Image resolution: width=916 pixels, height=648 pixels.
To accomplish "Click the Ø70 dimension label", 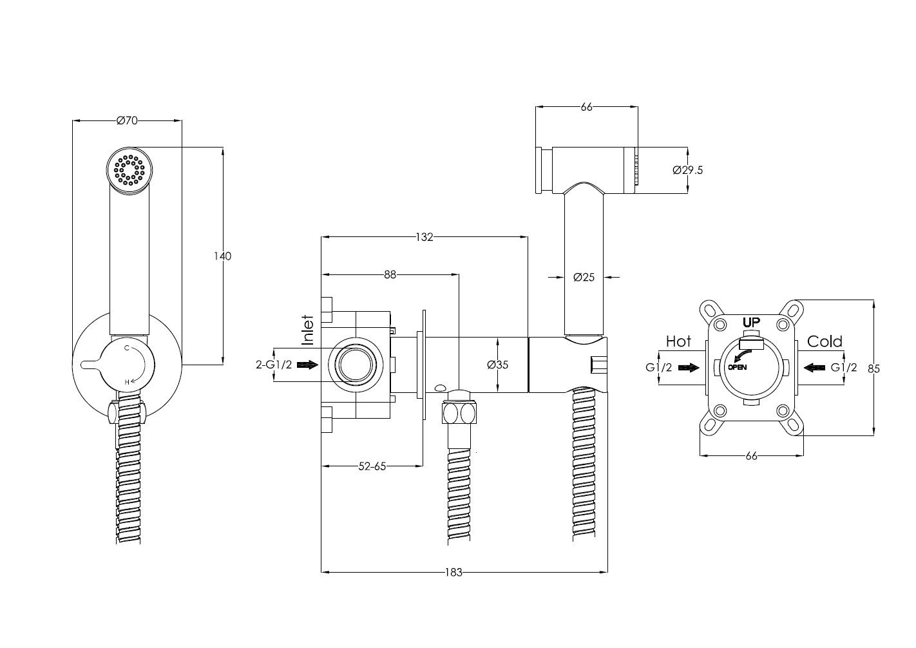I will coord(128,120).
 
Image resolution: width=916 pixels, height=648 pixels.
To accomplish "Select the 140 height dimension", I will coord(222,256).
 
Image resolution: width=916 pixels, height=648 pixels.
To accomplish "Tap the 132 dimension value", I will coord(424,237).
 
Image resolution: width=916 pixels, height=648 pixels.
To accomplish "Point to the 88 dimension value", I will coord(390,274).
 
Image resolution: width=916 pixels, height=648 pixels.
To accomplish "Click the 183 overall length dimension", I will coord(454,572).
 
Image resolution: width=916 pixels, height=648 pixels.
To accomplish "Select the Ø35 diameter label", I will coord(498,365).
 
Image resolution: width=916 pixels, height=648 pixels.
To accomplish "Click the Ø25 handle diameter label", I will coord(584,278).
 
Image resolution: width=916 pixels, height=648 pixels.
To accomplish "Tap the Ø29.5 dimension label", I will coord(687,170).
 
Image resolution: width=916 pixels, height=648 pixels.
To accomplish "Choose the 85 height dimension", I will coord(873,368).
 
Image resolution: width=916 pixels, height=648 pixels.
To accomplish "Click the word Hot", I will coord(678,341).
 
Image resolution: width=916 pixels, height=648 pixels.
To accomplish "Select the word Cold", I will coord(825,341).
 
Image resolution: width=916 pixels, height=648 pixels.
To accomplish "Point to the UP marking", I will coord(751,322).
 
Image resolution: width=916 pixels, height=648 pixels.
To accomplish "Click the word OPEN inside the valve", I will coord(738,367).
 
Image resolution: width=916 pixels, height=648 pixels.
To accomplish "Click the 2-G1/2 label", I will coord(274,365).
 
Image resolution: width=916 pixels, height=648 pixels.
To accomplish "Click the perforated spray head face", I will coord(129,169).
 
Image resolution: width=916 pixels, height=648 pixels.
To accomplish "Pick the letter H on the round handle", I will coord(128,382).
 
